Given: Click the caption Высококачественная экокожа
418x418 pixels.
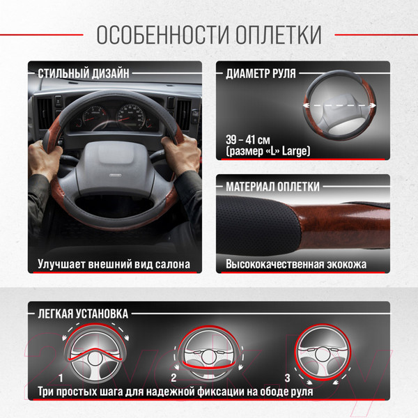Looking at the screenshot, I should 296,265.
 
